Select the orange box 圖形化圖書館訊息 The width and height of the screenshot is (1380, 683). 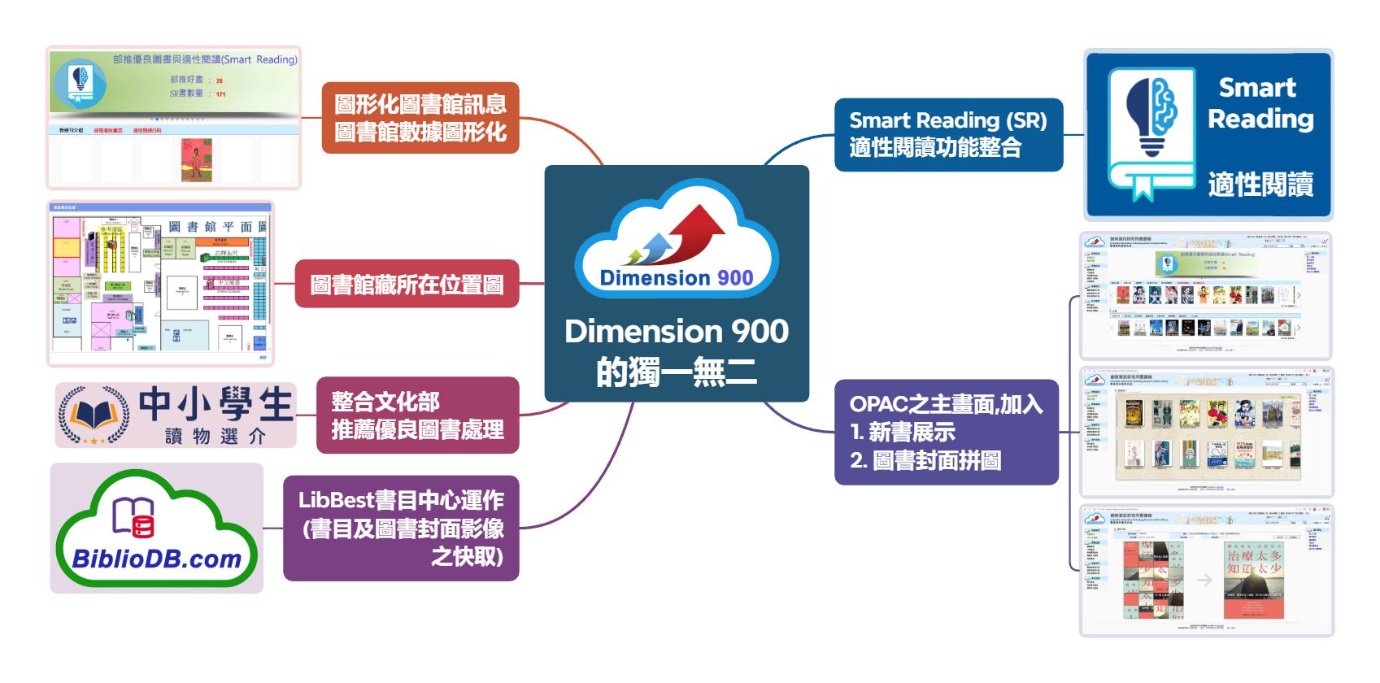pos(420,118)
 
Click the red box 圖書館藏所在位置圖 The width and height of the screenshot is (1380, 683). pos(407,285)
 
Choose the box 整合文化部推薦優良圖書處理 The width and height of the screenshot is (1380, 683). pos(417,415)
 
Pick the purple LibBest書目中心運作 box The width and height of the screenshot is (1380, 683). pos(401,528)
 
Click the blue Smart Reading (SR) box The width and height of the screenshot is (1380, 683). pos(948,134)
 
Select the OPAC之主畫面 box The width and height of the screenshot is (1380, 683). pos(946,432)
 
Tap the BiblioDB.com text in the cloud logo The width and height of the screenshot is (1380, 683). pos(157,559)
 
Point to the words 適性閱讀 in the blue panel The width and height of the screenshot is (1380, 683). pos(1260,185)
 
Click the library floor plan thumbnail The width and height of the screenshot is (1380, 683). pos(160,284)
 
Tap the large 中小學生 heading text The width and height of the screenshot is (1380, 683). pos(215,404)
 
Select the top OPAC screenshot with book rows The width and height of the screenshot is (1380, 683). pos(1206,297)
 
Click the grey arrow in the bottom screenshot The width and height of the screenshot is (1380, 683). pos(1204,580)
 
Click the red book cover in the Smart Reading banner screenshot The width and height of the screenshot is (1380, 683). pos(196,159)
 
